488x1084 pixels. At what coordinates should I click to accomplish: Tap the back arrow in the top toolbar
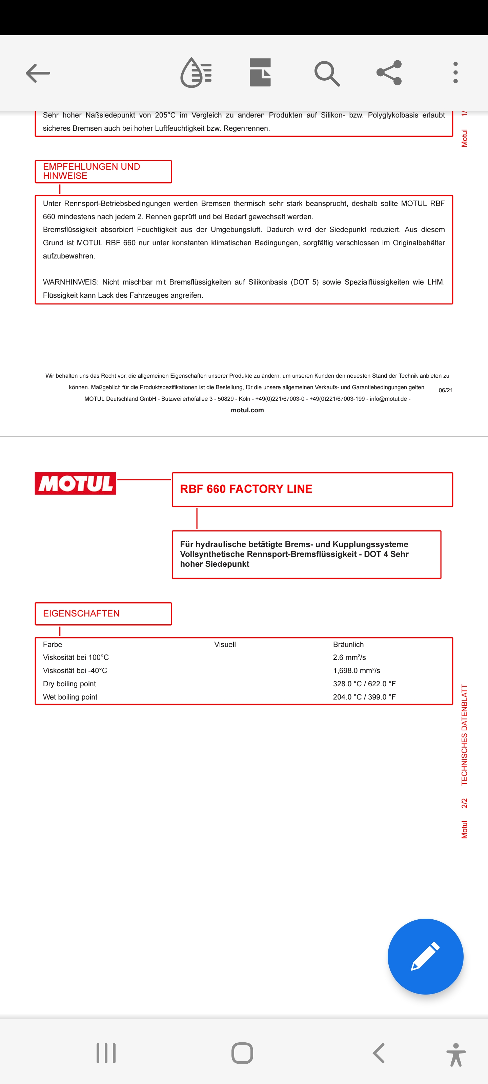coord(38,73)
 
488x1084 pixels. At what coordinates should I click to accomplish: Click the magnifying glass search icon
coord(327,73)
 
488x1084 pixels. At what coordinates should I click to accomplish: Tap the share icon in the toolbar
coord(389,73)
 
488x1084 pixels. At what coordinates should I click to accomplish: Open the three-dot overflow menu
coord(455,73)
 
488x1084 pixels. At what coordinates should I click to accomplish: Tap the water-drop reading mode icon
coord(196,73)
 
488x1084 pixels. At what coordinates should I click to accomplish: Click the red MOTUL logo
coord(75,483)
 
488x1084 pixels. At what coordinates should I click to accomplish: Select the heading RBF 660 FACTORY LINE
coord(246,489)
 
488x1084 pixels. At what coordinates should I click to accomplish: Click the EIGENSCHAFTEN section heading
coord(81,613)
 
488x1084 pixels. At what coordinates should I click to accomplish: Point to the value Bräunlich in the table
coord(348,644)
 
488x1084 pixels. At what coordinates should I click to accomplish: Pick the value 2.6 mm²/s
coord(349,657)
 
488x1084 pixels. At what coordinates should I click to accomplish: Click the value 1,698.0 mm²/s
coord(356,670)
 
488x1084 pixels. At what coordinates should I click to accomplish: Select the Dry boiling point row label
coord(69,684)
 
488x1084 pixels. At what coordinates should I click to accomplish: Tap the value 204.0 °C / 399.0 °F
coord(364,697)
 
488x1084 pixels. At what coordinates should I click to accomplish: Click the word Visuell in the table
coord(225,644)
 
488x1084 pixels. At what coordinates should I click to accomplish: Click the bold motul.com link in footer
coord(247,410)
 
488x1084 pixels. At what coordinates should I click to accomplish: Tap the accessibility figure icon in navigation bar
coord(455,1054)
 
